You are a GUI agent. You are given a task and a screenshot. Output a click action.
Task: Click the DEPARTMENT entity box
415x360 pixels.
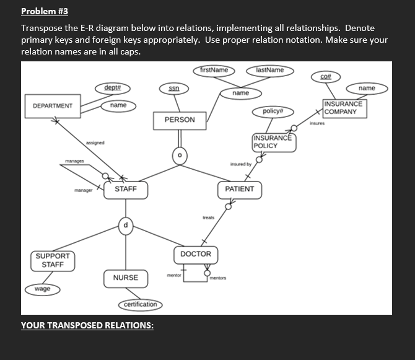tap(49, 105)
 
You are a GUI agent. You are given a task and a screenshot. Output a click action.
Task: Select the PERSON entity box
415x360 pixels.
tap(180, 120)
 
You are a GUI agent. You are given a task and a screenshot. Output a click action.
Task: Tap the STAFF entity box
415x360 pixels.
tap(126, 190)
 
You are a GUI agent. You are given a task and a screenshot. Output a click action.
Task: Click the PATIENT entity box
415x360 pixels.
tap(240, 189)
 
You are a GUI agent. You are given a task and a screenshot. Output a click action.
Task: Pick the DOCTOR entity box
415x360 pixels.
tap(196, 254)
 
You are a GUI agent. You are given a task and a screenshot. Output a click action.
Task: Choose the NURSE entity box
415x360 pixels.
tap(126, 278)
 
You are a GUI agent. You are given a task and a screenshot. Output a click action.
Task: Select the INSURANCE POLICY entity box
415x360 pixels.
tap(272, 141)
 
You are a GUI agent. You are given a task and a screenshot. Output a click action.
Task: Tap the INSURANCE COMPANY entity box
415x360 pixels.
tap(343, 108)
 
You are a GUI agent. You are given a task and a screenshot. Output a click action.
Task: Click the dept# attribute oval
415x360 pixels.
tap(113, 89)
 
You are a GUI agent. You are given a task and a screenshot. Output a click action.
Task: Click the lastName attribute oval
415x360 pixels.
tap(269, 70)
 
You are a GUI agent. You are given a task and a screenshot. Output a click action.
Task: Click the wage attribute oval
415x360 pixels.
tap(43, 289)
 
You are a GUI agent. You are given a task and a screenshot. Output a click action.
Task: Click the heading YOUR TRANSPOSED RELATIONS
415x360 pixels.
tap(87, 325)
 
